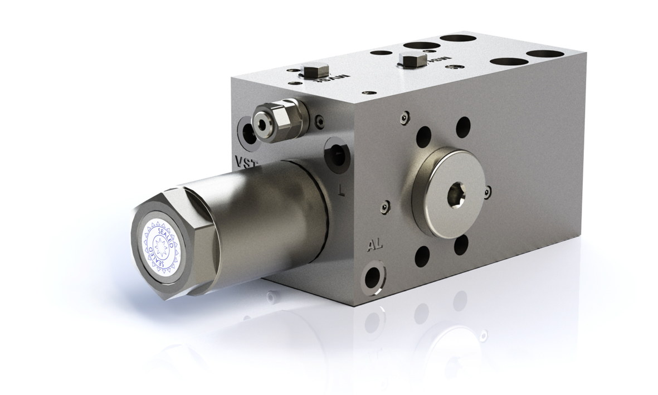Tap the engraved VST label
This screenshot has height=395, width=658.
(246, 163)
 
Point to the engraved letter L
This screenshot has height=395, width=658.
(342, 191)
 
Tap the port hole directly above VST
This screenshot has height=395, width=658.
(247, 131)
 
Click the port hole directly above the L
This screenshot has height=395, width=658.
(337, 152)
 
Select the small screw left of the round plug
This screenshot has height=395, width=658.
(384, 208)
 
